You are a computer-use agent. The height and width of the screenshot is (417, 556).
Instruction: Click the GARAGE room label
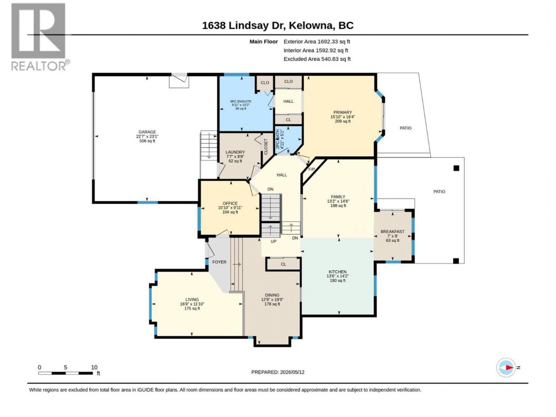(x=147, y=132)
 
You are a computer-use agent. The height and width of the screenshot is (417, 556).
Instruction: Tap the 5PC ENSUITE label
(x=241, y=101)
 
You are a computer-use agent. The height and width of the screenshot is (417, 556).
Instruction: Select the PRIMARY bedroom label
(x=342, y=112)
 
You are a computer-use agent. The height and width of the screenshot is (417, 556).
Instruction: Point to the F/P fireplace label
(x=311, y=169)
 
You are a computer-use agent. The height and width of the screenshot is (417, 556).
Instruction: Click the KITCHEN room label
(x=337, y=272)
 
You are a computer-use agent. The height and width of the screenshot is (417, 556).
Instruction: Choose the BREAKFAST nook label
(x=392, y=231)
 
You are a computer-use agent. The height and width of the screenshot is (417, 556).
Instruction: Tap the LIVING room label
(x=192, y=299)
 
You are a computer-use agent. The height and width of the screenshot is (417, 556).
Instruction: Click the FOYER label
(x=219, y=262)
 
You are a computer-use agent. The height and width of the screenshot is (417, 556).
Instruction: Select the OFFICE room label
(x=230, y=203)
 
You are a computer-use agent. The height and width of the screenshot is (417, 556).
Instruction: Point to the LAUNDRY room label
(x=235, y=152)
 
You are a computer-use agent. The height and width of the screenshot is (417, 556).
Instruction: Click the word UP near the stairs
(x=273, y=241)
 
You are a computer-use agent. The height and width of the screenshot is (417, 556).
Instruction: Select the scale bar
(x=65, y=373)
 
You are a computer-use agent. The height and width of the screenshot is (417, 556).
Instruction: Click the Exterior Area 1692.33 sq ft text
(x=316, y=42)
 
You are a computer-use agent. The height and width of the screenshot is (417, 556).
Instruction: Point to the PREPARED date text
(x=278, y=372)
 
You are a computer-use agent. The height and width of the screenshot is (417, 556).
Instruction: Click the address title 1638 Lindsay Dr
(x=243, y=26)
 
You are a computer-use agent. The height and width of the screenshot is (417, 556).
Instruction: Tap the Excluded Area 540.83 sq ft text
(x=317, y=59)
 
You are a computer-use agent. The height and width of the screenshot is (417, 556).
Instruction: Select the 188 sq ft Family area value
(x=338, y=206)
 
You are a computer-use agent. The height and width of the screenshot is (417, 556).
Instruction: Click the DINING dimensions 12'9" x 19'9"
(x=272, y=299)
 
